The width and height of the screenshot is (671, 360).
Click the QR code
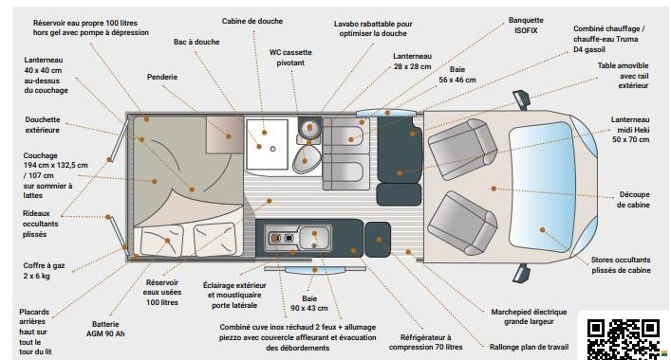tap(623, 339)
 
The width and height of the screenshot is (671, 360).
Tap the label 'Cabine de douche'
tap(252, 21)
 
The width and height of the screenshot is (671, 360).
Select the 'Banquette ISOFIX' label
tap(526, 26)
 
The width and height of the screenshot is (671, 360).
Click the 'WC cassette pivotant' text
tap(290, 57)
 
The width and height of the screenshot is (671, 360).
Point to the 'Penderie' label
tap(162, 77)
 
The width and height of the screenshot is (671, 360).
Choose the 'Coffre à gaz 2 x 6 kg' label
tap(44, 270)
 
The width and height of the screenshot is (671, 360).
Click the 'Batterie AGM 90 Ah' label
tap(105, 329)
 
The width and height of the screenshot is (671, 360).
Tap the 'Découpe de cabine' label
tap(633, 200)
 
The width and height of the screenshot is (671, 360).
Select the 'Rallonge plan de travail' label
tap(529, 347)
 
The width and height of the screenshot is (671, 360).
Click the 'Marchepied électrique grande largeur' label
tap(529, 316)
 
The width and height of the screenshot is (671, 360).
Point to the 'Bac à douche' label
tap(196, 42)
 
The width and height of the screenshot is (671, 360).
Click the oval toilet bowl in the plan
tap(307, 159)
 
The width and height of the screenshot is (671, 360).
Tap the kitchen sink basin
tap(314, 238)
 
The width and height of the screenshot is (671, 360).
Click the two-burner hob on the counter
tap(282, 239)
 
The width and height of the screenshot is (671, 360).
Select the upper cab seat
tap(462, 149)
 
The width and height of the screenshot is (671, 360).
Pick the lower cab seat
tap(462, 223)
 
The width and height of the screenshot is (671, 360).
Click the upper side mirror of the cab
tap(522, 99)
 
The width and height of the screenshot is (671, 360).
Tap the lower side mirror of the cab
tap(522, 273)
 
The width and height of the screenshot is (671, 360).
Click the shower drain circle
tap(272, 149)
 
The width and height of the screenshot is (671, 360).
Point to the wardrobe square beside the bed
tap(225, 135)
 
